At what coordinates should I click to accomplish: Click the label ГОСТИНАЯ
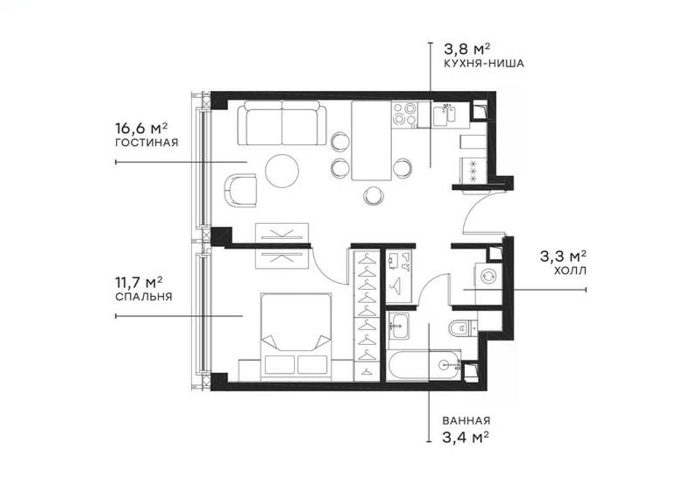(147, 143)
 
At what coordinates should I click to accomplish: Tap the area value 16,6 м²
(141, 128)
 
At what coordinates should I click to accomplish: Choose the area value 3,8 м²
(466, 49)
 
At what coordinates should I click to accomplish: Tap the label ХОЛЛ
(571, 270)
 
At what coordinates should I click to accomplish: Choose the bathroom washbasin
(398, 326)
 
